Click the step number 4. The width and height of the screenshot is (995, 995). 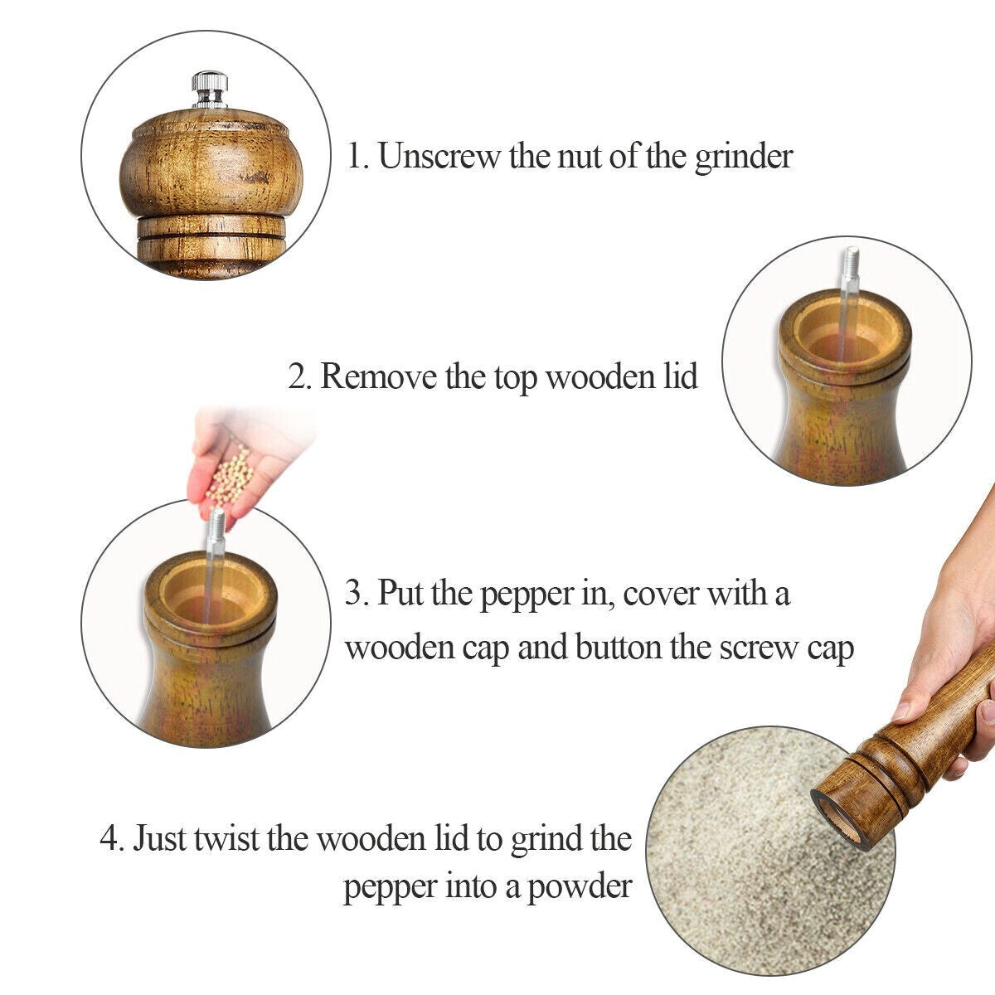coord(112,838)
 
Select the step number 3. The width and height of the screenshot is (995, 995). coord(356,595)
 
